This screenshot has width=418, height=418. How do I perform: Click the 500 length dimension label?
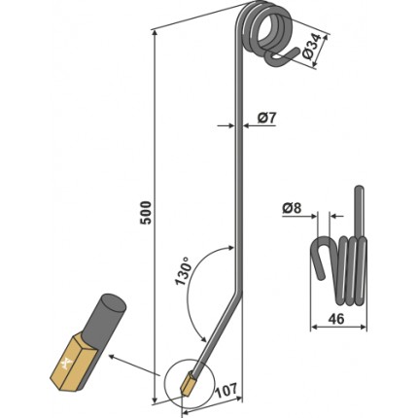[146, 213]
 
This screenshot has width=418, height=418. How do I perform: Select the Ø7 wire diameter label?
[267, 118]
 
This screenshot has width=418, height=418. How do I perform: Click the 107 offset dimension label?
[226, 390]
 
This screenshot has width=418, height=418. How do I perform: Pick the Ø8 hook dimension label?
[292, 208]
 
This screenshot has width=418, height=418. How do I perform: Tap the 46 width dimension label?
[336, 319]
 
